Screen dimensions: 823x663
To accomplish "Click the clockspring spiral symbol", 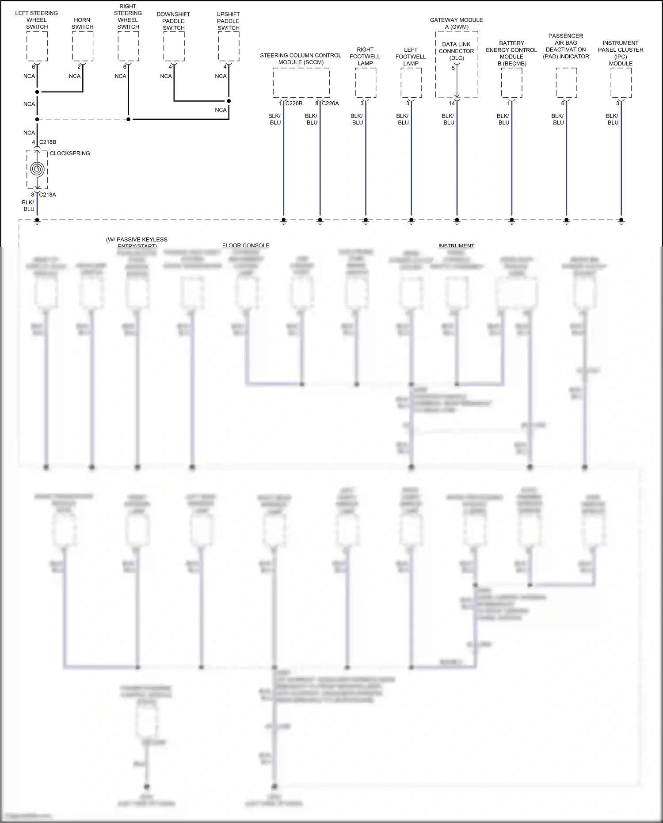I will click(37, 169).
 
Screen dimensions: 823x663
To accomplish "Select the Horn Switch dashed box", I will click(83, 46).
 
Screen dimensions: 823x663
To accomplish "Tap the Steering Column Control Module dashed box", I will click(301, 83).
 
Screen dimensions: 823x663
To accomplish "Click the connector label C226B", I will click(294, 103).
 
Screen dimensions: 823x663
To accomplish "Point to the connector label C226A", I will click(330, 103).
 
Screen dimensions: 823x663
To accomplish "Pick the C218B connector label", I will click(48, 142).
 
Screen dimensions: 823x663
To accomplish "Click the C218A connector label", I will click(47, 195).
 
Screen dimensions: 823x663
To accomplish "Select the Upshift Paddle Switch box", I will click(229, 46).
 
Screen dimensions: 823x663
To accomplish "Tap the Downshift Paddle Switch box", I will click(174, 46).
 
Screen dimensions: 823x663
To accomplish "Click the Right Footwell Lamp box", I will click(366, 83).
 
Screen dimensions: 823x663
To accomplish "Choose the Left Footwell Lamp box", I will click(411, 83).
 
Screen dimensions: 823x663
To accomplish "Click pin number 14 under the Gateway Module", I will click(452, 103).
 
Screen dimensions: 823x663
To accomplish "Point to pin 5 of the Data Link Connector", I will click(453, 68).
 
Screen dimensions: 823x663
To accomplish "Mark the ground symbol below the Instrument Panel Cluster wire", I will click(621, 222).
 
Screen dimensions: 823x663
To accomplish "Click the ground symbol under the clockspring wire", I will click(37, 222).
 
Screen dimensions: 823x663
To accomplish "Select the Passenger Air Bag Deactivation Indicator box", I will click(566, 83).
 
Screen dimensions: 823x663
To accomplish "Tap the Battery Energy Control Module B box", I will click(511, 83).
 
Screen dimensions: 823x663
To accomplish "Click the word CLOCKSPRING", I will click(70, 153).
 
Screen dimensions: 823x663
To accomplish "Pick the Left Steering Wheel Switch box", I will click(37, 46).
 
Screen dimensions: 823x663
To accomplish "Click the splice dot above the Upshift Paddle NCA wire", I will click(229, 101).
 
